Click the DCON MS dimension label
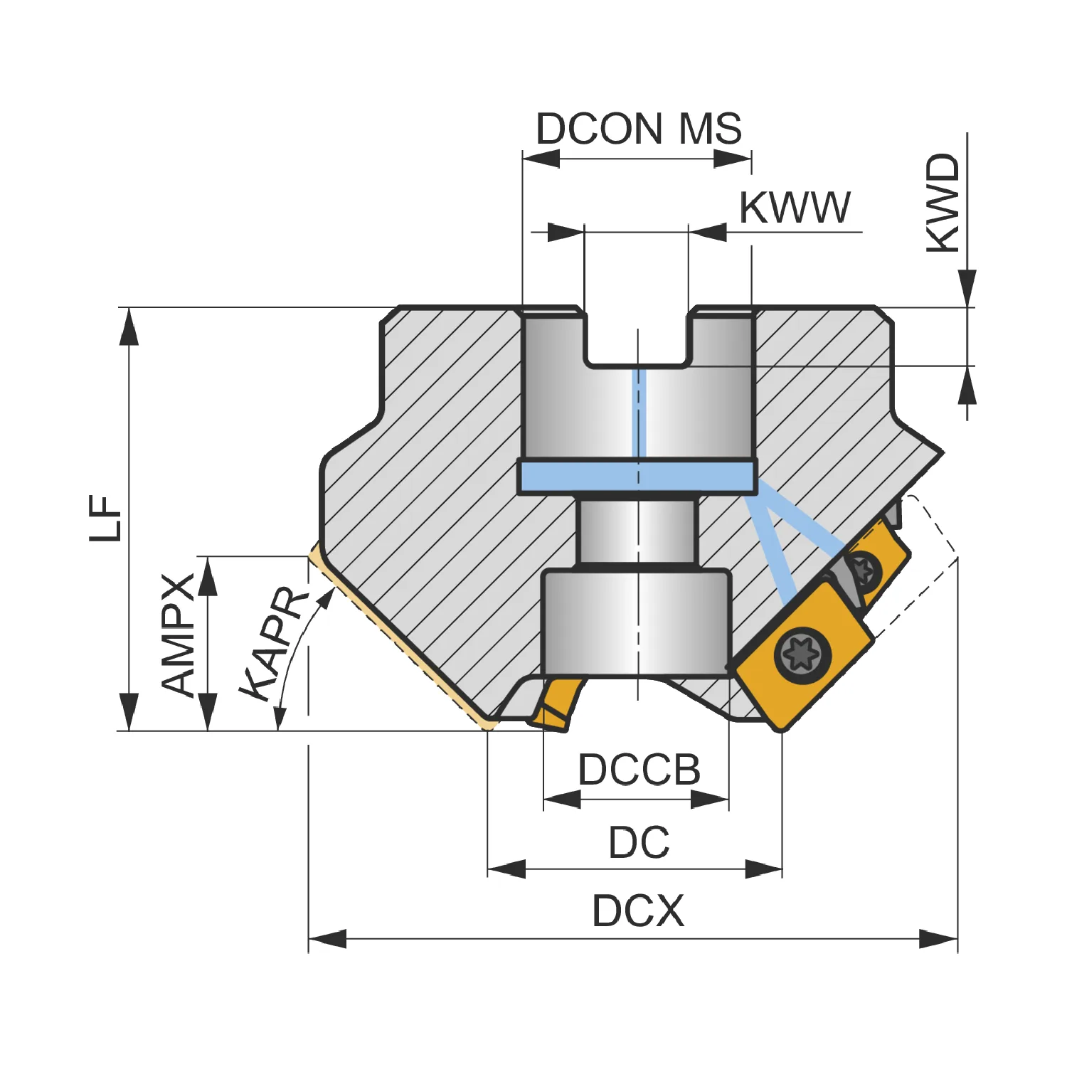pos(639,129)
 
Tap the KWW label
pos(795,208)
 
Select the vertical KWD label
pos(943,203)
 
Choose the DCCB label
pos(639,770)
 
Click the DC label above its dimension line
pos(639,842)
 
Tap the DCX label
pos(638,911)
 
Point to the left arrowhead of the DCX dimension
pos(327,938)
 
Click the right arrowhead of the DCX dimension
pos(938,938)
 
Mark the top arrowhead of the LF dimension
pos(129,327)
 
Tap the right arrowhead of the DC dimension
pos(763,869)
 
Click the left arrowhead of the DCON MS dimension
pos(541,159)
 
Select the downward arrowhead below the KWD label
pos(967,289)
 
